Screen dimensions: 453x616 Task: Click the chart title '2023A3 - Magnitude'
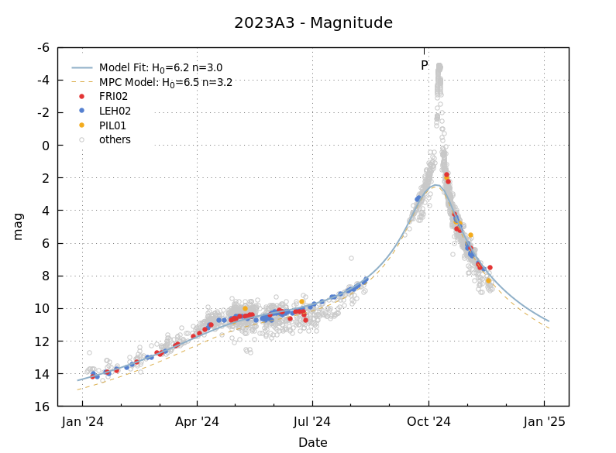313,23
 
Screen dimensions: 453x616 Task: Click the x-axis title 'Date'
313,443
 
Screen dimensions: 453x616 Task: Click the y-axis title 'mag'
18,226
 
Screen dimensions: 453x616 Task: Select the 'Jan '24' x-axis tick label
82,422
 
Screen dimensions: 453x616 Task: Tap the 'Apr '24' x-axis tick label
198,422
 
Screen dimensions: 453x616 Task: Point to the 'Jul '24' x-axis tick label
313,422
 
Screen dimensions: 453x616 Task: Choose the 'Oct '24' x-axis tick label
428,422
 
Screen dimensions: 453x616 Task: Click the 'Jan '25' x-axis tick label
544,422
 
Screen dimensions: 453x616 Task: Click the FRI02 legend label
115,97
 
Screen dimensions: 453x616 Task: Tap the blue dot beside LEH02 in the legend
82,111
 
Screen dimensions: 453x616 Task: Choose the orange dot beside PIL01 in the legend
82,125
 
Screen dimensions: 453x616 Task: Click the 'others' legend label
115,140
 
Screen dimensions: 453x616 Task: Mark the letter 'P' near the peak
424,66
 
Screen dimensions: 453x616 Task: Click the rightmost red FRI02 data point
490,267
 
